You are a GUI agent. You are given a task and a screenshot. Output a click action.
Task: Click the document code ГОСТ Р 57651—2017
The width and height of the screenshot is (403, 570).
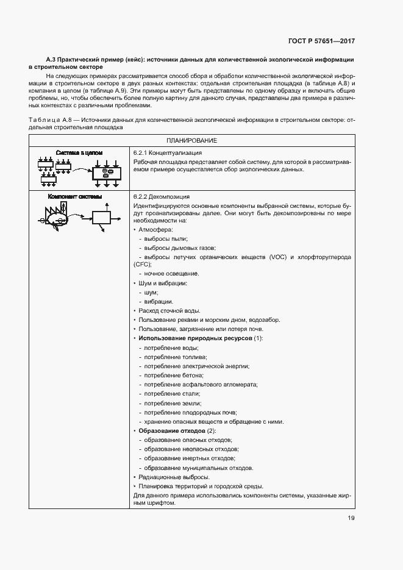pos(321,41)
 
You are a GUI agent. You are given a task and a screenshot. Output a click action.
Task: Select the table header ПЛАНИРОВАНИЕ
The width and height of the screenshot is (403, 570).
pos(191,140)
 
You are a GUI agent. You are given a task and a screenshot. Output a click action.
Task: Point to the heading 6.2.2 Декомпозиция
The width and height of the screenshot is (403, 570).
pos(160,197)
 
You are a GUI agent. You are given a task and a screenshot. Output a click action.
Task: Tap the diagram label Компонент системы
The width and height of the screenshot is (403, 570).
pos(75,197)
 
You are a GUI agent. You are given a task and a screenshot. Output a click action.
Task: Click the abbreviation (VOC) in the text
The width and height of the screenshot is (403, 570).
pos(276,257)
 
